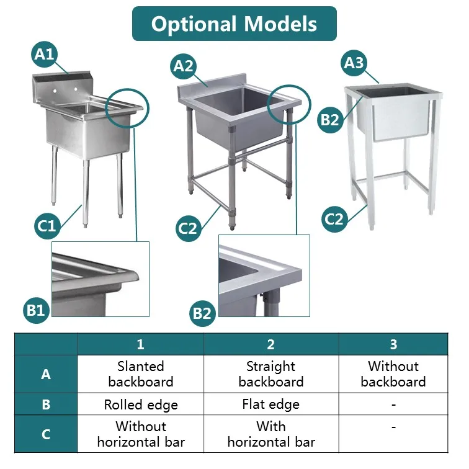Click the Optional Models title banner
[x=234, y=24]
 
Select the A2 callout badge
[x=184, y=66]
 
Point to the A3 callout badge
[x=355, y=63]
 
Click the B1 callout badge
[x=37, y=308]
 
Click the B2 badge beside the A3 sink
[x=330, y=119]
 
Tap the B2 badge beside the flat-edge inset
[x=202, y=312]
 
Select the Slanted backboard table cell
[x=141, y=374]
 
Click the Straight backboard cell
[x=271, y=374]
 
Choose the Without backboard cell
[x=393, y=374]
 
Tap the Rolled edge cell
[x=141, y=405]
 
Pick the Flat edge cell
[x=271, y=405]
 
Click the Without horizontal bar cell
[x=141, y=434]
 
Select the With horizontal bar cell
[x=271, y=434]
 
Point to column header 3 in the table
[x=393, y=344]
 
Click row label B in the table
[x=46, y=405]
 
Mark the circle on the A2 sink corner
[x=288, y=104]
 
